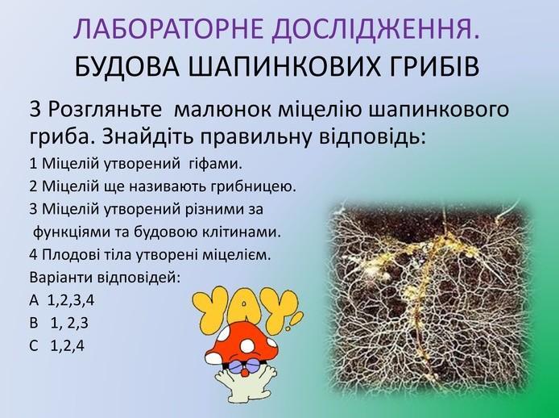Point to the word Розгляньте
(x=105, y=110)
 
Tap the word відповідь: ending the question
(x=372, y=137)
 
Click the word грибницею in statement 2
(x=255, y=187)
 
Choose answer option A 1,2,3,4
(x=62, y=301)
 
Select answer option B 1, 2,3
(x=59, y=324)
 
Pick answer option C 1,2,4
(x=57, y=346)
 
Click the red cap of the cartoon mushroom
(x=242, y=342)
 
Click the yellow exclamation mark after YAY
(x=295, y=319)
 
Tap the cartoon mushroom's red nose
(x=244, y=372)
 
